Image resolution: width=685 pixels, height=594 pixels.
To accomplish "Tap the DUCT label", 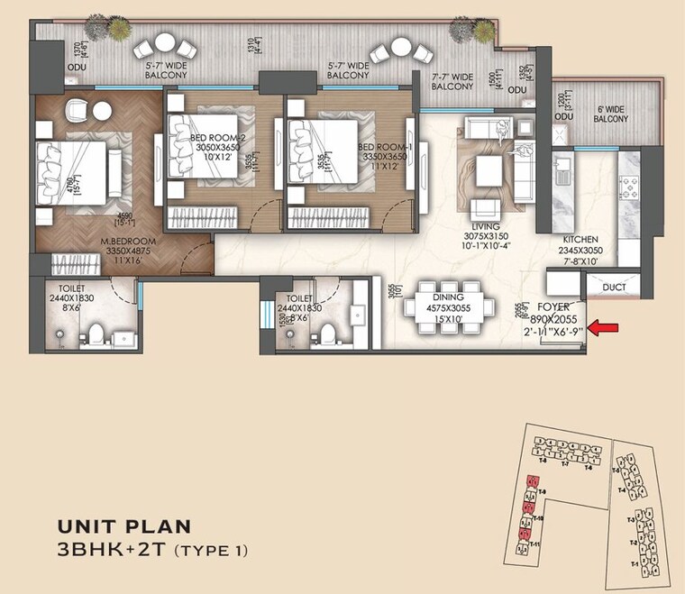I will tap(615, 288).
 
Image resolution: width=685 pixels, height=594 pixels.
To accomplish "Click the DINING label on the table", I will tap(448, 297).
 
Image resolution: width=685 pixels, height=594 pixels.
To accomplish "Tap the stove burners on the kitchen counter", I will tap(627, 188).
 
